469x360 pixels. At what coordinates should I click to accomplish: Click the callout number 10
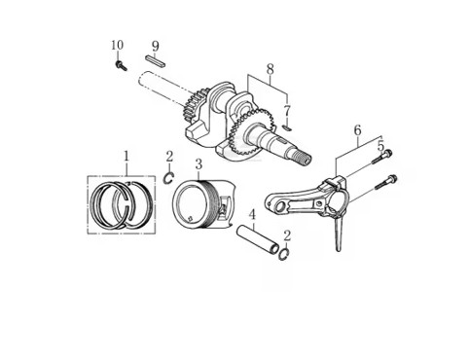pos(117,45)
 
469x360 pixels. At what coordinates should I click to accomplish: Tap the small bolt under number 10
pos(121,65)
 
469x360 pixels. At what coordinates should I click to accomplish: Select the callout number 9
pos(156,47)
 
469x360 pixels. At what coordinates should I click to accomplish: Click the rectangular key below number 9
pos(156,61)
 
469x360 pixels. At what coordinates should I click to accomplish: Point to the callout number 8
pos(270,69)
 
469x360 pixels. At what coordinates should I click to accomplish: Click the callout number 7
pos(286,111)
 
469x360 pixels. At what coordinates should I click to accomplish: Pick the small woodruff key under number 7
pos(287,127)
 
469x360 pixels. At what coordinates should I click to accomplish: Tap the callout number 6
pos(357,130)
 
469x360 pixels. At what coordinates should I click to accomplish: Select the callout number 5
pos(380,146)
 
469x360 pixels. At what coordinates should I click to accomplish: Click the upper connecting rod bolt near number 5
pos(381,157)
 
